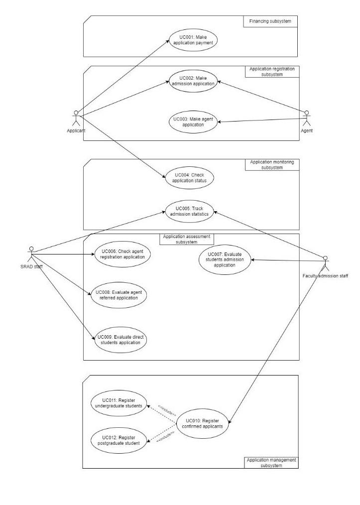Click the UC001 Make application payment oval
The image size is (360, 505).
pos(192,40)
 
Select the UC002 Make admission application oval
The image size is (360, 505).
pos(193,80)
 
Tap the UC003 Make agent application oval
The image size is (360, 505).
pos(193,122)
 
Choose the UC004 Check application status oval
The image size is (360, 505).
pos(189,178)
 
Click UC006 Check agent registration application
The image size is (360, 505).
pos(122,254)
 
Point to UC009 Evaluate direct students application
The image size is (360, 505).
pos(122,341)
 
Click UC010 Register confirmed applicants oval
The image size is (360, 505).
pos(202,423)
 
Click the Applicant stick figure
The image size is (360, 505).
pos(76,118)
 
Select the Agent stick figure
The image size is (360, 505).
pos(307,118)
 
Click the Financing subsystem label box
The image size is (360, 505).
pos(270,21)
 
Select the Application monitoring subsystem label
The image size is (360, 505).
pos(272,165)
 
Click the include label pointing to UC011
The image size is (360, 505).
pos(166,409)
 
